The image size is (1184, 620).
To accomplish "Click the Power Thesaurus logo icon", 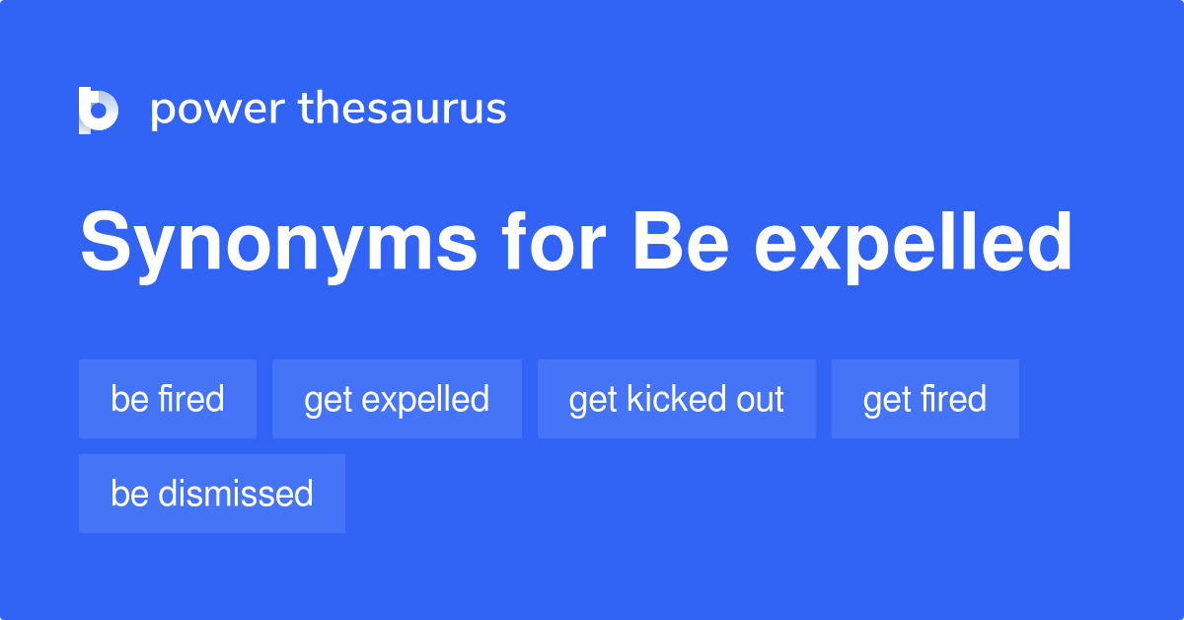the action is click(99, 110).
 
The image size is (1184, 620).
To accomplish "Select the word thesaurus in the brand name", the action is click(403, 108).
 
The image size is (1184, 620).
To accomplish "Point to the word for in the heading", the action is click(554, 241).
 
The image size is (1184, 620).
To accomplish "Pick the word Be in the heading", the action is click(681, 241).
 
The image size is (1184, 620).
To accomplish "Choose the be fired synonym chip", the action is click(168, 399).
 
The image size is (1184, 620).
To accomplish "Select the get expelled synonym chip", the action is click(397, 399).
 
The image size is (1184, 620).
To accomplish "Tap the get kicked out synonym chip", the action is click(677, 399).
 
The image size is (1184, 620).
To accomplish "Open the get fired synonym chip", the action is click(925, 399).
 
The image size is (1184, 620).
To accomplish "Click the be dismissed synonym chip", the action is click(212, 494).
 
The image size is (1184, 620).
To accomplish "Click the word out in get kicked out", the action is click(760, 400).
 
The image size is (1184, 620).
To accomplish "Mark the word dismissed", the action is click(235, 493).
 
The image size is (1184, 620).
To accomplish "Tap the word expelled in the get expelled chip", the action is click(425, 401).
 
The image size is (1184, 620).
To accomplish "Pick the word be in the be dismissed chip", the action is click(129, 493).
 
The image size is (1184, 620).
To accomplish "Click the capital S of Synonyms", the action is click(106, 241).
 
